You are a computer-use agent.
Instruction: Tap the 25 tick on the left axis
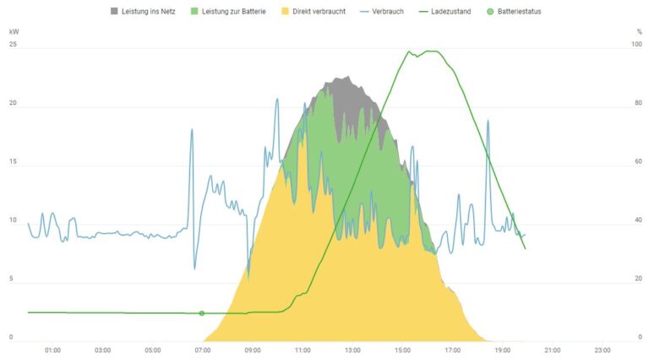click(x=12, y=44)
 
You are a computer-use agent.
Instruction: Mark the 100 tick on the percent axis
click(x=636, y=44)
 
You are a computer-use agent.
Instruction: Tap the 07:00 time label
click(x=203, y=349)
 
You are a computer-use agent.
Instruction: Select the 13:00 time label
click(x=352, y=349)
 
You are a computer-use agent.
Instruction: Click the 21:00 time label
click(x=553, y=349)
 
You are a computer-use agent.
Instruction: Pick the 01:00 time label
click(x=52, y=349)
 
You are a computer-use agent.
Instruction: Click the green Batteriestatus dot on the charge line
click(x=201, y=314)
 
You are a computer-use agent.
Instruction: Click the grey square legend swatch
click(x=115, y=11)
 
